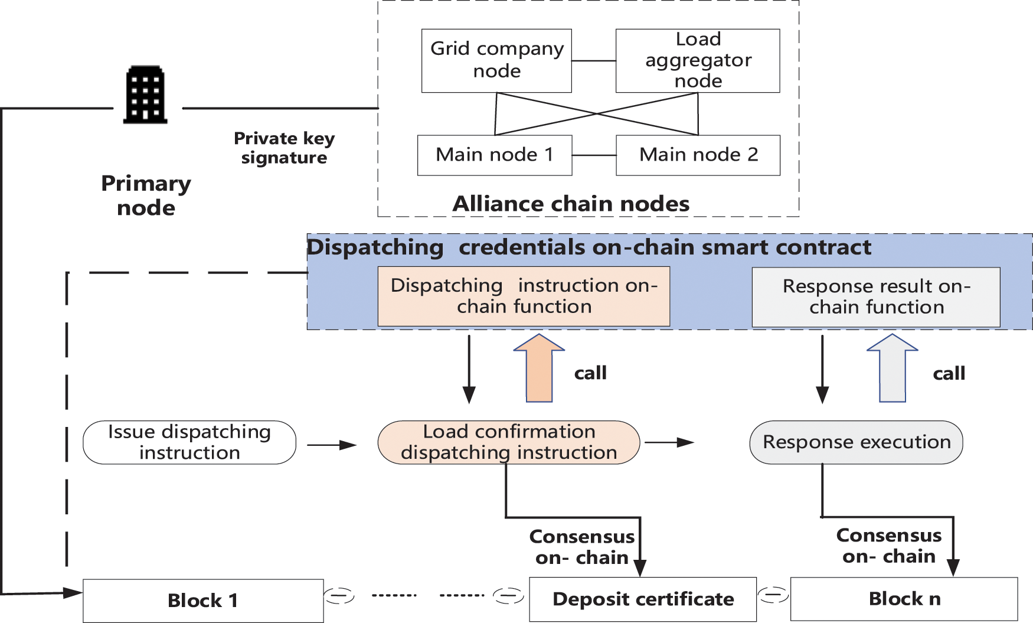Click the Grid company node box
coord(496,60)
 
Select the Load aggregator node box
coord(697,60)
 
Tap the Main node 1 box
coord(494,155)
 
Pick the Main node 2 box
coord(698,155)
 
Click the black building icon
coord(145,94)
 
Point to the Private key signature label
coord(284,148)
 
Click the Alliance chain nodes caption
coord(571,204)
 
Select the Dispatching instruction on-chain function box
coord(524,296)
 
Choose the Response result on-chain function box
coord(875,296)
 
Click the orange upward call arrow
coord(539,368)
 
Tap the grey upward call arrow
coord(892,368)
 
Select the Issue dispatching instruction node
coord(189,442)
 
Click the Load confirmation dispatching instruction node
coord(508,442)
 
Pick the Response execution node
coord(856,442)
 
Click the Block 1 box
coord(203,601)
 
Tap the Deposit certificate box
coord(643,599)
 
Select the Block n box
coord(904,599)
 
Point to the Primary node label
coord(146,195)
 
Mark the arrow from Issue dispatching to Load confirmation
coord(332,445)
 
